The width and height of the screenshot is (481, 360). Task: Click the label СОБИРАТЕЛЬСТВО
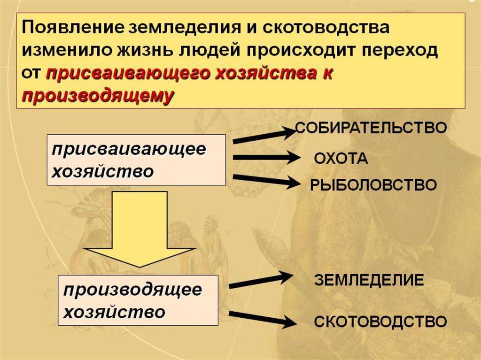(x=370, y=128)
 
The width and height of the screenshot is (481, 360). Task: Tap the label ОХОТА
(x=341, y=159)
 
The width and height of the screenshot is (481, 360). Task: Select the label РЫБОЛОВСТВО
(x=373, y=184)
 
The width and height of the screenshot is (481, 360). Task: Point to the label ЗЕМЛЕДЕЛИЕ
(x=369, y=280)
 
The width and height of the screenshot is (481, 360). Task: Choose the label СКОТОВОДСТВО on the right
(x=380, y=322)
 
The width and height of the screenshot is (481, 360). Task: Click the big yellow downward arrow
(x=139, y=230)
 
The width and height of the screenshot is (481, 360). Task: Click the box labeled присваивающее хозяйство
(x=136, y=160)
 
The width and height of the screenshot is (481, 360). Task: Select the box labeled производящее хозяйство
(x=138, y=300)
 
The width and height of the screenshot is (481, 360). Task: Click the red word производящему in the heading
(x=99, y=95)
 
